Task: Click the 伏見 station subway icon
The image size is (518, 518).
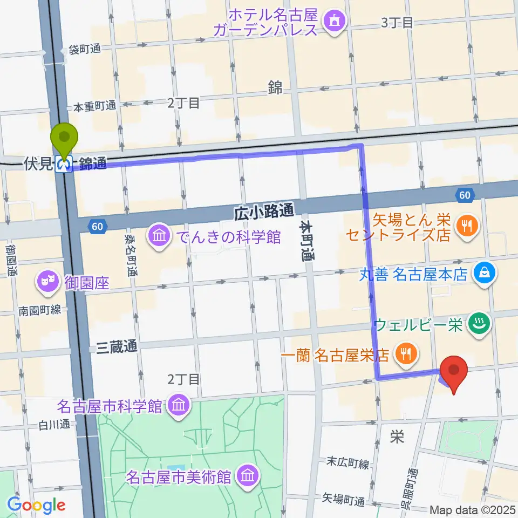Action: pyautogui.click(x=65, y=164)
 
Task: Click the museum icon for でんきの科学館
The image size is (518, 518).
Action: pyautogui.click(x=159, y=236)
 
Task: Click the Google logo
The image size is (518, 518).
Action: pyautogui.click(x=37, y=505)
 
